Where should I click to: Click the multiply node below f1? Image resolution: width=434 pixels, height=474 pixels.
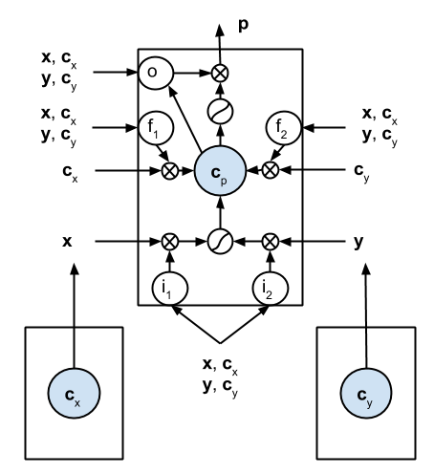tap(171, 172)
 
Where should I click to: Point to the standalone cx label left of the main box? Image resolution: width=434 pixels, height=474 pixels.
tap(68, 173)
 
